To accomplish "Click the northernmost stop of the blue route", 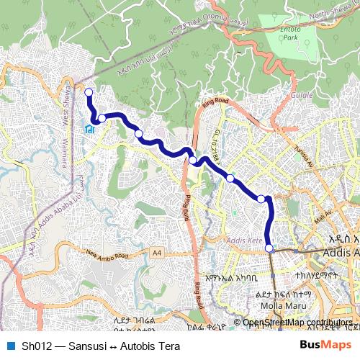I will [89, 92].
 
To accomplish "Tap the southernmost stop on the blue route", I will [270, 248].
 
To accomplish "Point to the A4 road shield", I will [157, 253].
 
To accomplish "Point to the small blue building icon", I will [89, 130].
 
